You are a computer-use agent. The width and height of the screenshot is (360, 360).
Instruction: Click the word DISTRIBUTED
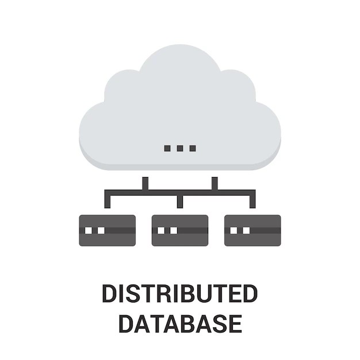(179, 293)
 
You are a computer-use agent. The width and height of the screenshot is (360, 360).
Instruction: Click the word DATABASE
(179, 323)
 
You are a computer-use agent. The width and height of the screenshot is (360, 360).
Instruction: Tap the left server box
(107, 230)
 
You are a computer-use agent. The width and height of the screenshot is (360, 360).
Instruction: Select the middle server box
(180, 230)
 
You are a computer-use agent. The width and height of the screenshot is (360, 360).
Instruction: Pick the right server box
(252, 230)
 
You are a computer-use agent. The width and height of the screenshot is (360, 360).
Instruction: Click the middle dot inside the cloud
(180, 148)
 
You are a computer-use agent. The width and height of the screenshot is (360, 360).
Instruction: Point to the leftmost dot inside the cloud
(167, 148)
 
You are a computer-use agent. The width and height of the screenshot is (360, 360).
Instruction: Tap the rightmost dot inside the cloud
(193, 148)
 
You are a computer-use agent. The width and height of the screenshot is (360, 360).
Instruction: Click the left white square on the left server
(89, 230)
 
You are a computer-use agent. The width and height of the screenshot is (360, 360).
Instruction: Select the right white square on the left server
(101, 230)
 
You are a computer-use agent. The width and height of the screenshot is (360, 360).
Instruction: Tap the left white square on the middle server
(161, 230)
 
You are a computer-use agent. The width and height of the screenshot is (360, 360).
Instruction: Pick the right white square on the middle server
(174, 230)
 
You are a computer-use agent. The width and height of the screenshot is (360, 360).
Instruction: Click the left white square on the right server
(233, 230)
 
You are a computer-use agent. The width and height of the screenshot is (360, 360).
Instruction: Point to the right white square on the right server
(246, 230)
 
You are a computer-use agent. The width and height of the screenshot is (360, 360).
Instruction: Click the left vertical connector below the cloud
(145, 183)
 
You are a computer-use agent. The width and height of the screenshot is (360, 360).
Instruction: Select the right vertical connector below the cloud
(215, 183)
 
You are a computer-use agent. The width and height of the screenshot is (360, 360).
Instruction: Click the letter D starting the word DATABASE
(126, 323)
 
